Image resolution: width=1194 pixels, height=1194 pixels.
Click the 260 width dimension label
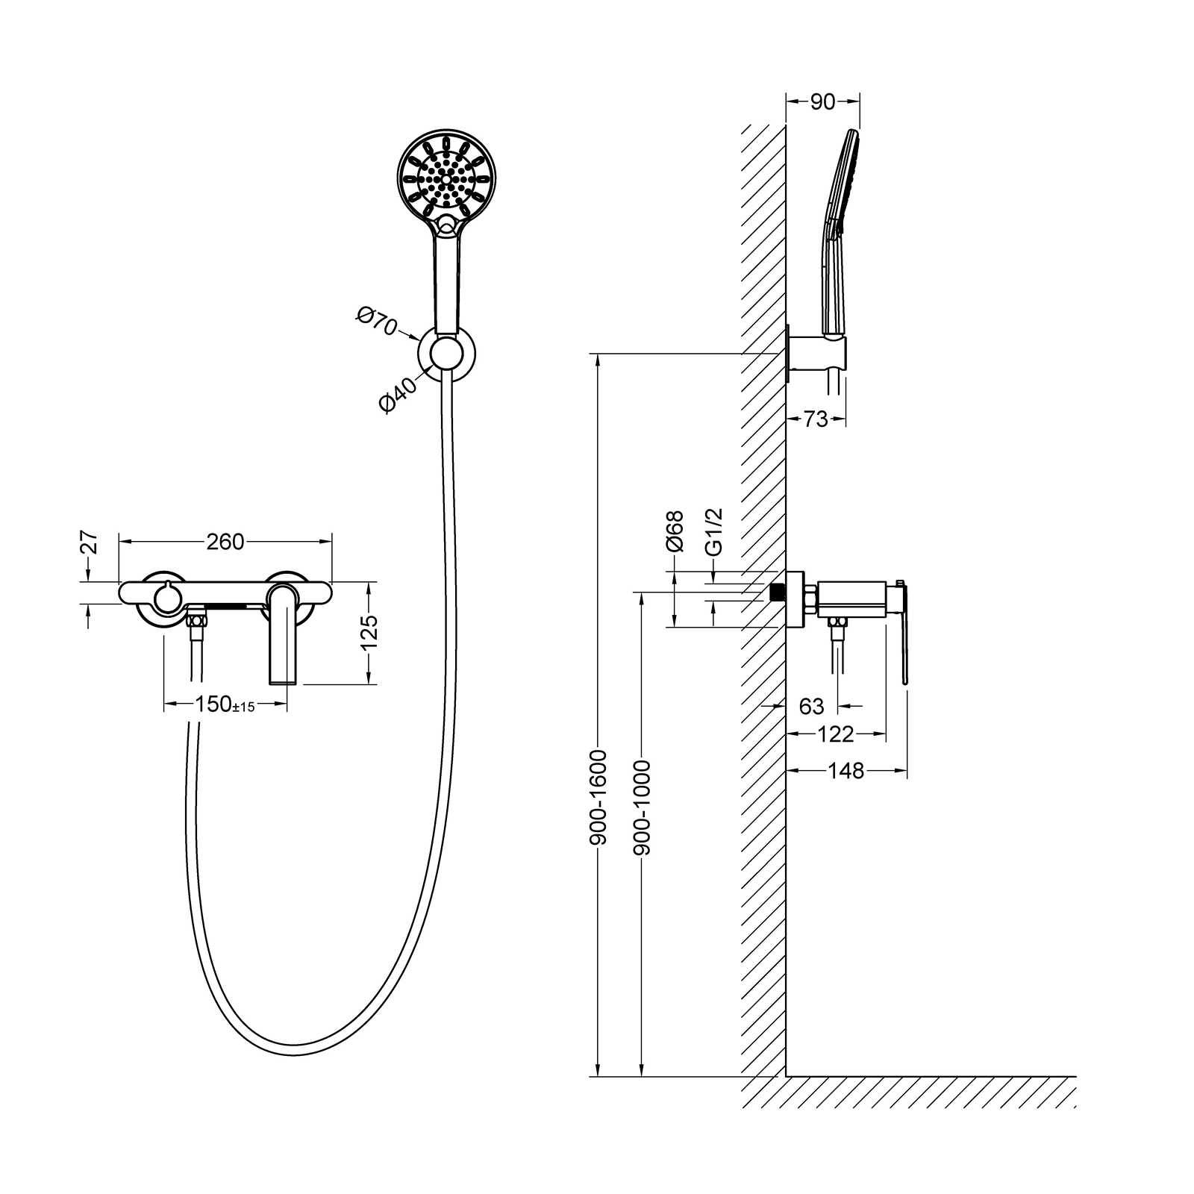(x=225, y=542)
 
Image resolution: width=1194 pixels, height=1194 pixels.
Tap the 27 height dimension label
(x=89, y=542)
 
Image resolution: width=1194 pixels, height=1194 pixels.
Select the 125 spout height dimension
(x=369, y=632)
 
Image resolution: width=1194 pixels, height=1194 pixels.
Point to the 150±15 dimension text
(x=225, y=704)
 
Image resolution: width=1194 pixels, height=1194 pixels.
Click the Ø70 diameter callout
(x=376, y=322)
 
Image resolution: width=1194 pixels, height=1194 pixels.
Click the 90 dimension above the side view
(x=822, y=101)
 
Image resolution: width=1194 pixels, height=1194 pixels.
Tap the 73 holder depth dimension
(x=816, y=419)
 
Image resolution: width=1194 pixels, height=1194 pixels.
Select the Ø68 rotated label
(x=675, y=531)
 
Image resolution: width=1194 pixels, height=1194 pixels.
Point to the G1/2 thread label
(x=714, y=532)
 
